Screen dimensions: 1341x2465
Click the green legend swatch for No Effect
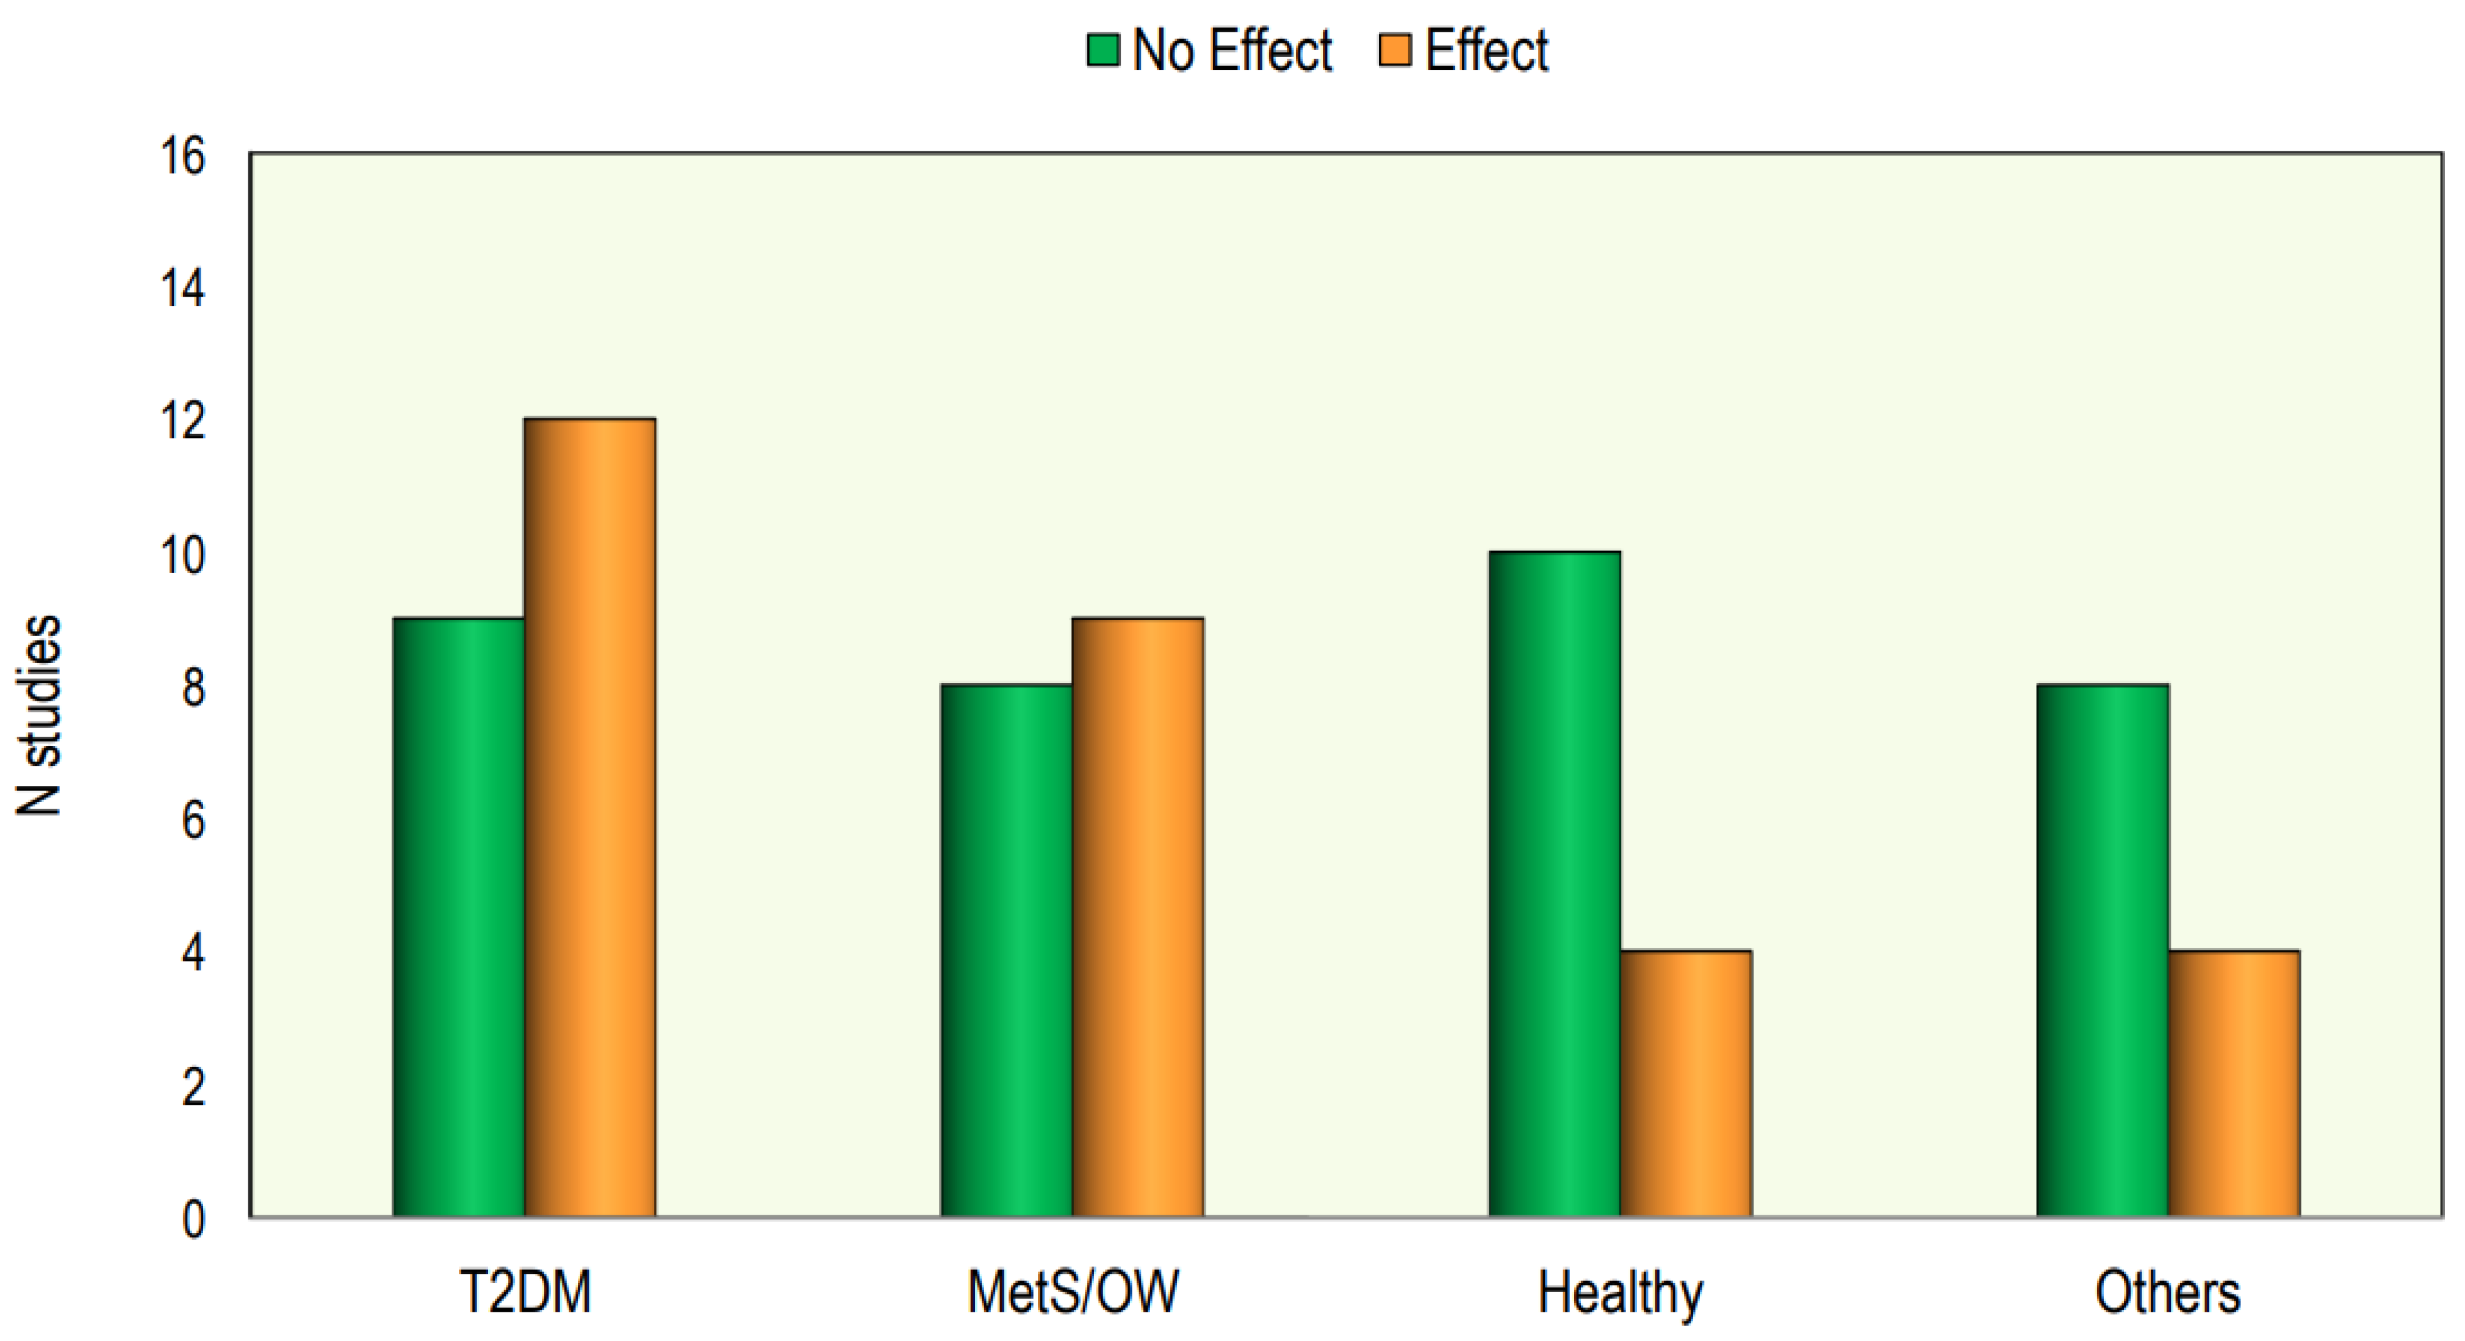pos(1103,50)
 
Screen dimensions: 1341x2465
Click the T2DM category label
pos(525,1292)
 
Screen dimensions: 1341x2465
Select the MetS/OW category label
pos(1073,1292)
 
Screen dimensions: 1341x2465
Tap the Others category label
pos(2167,1292)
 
